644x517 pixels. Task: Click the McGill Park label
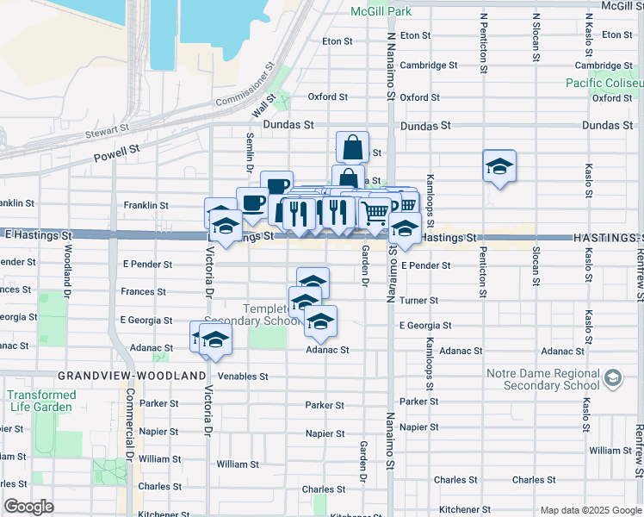(x=381, y=11)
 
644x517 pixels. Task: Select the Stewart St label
(x=106, y=134)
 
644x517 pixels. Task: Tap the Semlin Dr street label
(x=247, y=159)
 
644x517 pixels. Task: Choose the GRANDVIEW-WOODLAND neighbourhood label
(x=132, y=377)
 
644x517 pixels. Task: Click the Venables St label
(x=243, y=377)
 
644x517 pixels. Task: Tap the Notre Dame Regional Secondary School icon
(x=612, y=378)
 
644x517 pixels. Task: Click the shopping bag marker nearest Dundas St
(x=352, y=147)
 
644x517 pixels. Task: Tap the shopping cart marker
(x=375, y=212)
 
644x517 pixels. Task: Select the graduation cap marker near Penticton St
(x=499, y=166)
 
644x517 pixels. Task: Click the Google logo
(x=28, y=507)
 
